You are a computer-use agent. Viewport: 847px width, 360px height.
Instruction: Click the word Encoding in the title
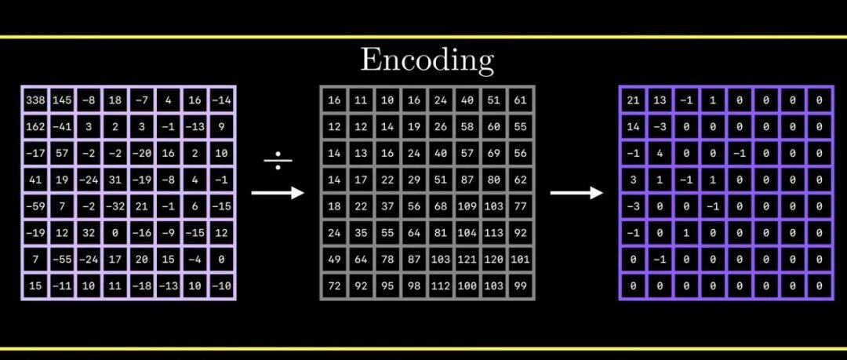[427, 60]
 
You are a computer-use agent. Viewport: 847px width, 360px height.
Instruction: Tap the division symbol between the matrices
[278, 161]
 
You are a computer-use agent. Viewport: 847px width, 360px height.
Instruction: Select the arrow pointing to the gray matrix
[278, 192]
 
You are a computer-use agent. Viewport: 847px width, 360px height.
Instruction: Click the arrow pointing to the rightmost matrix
[576, 192]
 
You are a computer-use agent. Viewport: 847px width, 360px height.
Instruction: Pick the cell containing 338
[35, 100]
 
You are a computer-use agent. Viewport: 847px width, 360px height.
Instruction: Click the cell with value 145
[62, 100]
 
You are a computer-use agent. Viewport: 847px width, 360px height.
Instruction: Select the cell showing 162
[35, 126]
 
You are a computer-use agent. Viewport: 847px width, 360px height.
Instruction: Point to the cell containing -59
[35, 206]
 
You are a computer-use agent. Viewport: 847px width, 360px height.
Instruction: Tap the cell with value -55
[62, 259]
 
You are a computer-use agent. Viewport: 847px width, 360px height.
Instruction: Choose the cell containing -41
[62, 126]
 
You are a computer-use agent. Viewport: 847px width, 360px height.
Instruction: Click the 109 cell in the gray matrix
[467, 206]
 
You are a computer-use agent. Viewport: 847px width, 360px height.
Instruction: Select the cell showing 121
[467, 259]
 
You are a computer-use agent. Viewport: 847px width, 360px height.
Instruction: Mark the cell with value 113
[494, 232]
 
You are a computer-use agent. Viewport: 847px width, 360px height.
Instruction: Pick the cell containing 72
[334, 285]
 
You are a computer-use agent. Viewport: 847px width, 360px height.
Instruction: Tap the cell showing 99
[520, 285]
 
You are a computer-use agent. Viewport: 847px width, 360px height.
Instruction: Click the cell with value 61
[520, 100]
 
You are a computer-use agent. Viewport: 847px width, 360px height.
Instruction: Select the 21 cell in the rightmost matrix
[633, 100]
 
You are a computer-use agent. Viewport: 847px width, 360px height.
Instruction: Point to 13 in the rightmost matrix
[660, 100]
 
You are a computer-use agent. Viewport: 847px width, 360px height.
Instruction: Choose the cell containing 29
[414, 180]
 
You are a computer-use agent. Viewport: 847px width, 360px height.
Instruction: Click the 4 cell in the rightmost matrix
[660, 153]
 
